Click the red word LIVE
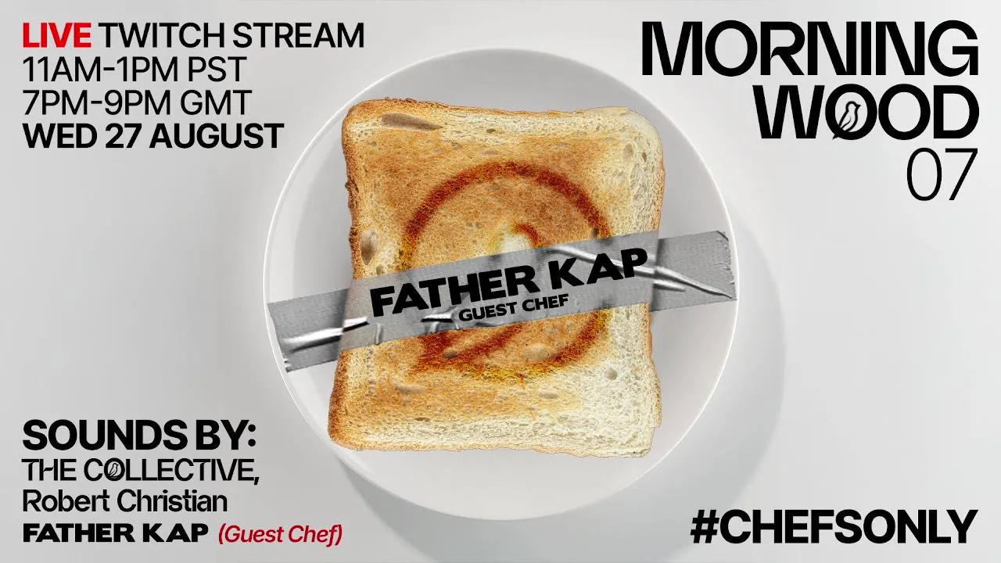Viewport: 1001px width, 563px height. [57, 35]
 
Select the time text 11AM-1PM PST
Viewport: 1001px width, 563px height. [135, 70]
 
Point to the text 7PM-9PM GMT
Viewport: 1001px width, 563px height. [137, 102]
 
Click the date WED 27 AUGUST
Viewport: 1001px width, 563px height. [152, 136]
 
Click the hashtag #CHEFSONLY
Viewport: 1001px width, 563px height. [834, 527]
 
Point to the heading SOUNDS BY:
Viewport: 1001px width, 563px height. [139, 436]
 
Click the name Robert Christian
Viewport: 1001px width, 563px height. [125, 501]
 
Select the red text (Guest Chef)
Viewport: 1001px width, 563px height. [281, 533]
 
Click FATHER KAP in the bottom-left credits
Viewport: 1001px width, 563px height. [116, 533]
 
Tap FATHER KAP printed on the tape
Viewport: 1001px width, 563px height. [509, 281]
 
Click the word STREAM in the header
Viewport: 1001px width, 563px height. [298, 35]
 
